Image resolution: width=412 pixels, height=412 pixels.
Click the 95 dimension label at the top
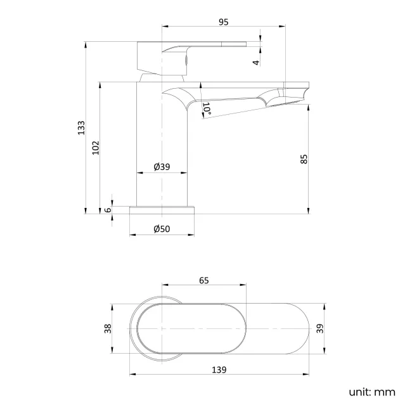click(223, 22)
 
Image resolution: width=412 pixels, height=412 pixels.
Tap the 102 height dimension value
click(96, 147)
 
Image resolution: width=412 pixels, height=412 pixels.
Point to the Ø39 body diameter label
click(162, 167)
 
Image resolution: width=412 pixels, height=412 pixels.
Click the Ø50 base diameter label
click(162, 229)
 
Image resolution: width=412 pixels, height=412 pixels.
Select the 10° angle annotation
click(207, 108)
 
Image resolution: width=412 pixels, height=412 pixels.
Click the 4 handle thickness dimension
click(255, 61)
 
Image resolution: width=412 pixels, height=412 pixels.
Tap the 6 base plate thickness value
click(108, 210)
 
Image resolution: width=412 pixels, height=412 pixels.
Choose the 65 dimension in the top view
click(203, 280)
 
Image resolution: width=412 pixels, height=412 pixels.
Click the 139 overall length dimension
click(221, 368)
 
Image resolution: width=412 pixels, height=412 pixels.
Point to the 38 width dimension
click(108, 328)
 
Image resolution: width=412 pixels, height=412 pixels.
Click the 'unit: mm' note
click(371, 392)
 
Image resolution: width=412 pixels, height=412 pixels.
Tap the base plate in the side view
click(162, 209)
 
